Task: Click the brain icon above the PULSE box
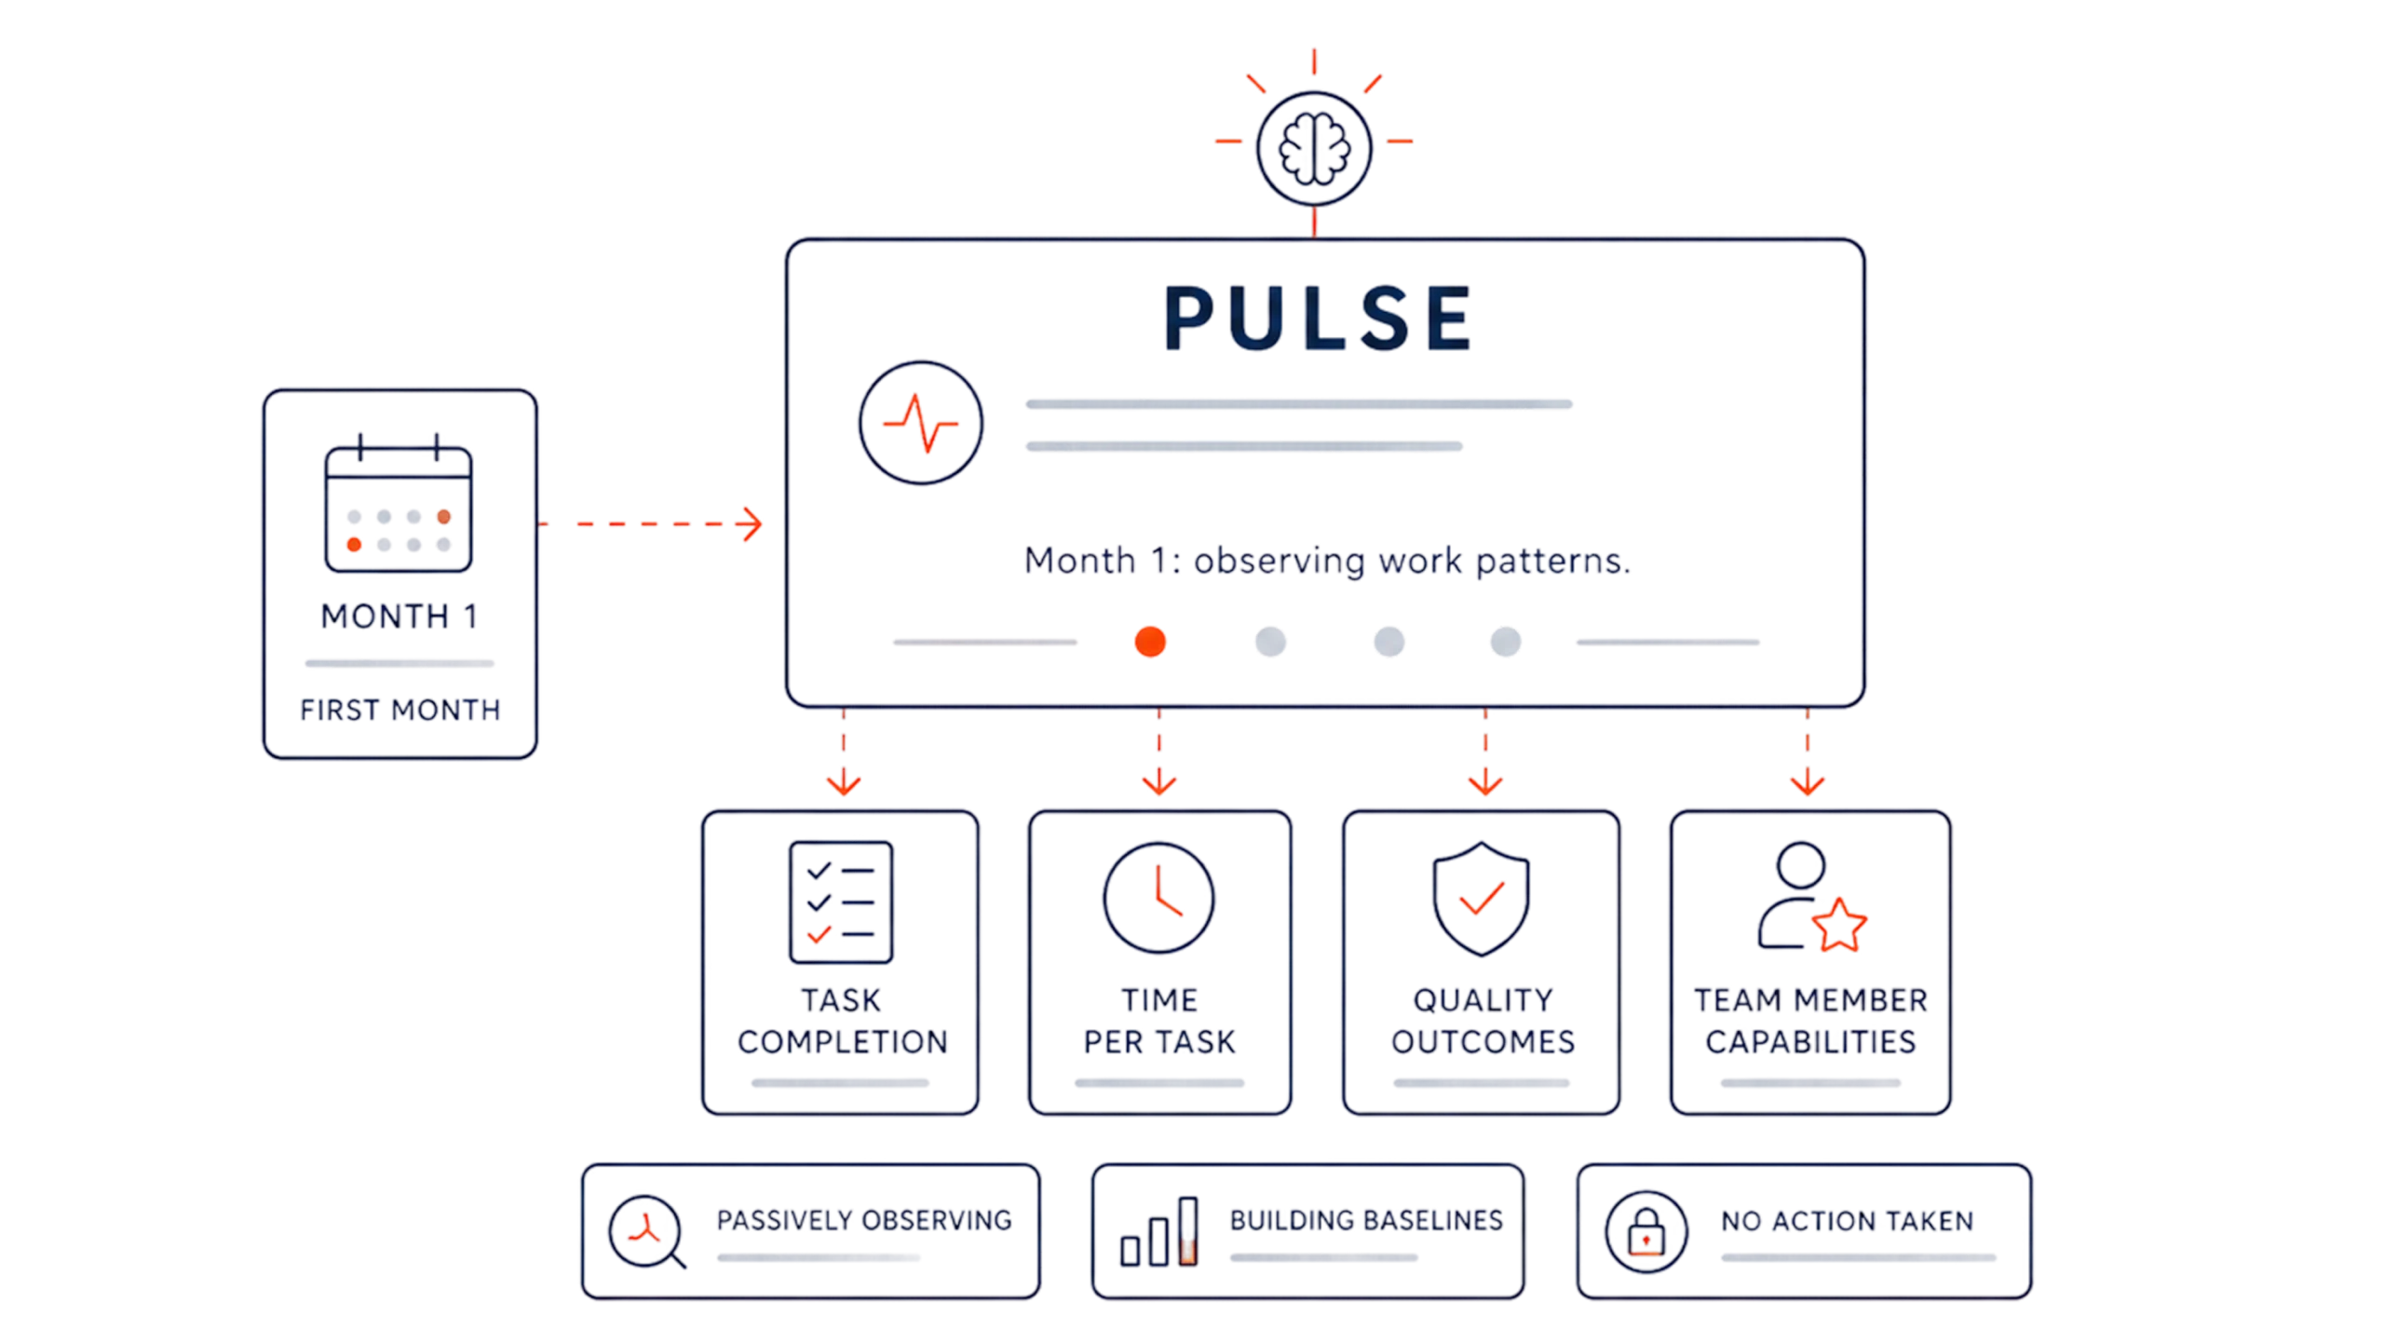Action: click(x=1313, y=148)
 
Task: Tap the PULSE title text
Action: click(x=1318, y=319)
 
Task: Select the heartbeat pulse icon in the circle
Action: click(x=920, y=423)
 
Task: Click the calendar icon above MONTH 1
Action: click(x=399, y=503)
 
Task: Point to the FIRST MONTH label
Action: click(x=400, y=711)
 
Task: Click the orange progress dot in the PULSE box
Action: click(x=1150, y=642)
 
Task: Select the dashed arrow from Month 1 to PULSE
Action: click(x=651, y=524)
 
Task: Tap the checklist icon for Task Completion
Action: click(x=841, y=901)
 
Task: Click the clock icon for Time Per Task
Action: click(x=1158, y=898)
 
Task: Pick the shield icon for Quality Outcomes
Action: click(x=1481, y=899)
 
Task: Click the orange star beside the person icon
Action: click(x=1839, y=925)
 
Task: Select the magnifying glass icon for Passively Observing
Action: click(x=647, y=1232)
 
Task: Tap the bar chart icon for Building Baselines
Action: click(x=1158, y=1231)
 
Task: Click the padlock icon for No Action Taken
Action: click(x=1646, y=1232)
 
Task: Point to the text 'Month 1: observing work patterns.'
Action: click(x=1327, y=561)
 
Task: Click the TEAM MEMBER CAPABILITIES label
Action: click(x=1810, y=1021)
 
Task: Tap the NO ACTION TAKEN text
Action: click(x=1847, y=1221)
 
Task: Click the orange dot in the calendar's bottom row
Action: click(x=354, y=545)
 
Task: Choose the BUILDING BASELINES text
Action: click(x=1366, y=1220)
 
